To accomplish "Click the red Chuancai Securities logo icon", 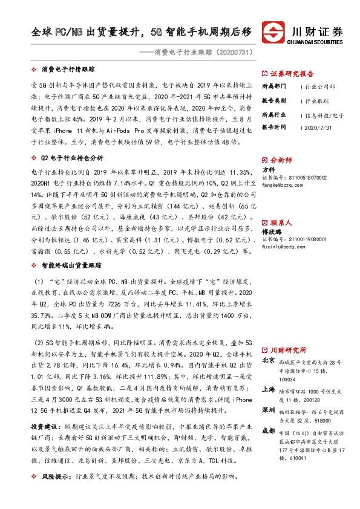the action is [273, 32].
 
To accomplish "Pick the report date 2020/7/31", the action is [316, 128].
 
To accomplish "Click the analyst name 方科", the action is [268, 170].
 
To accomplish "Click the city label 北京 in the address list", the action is [268, 360].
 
